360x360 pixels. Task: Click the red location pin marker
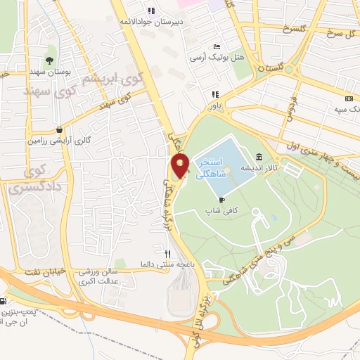181,167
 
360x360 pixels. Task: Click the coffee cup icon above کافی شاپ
222,200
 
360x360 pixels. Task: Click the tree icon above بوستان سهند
49,60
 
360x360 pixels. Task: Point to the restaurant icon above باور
216,95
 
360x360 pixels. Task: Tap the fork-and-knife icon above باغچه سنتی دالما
167,255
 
